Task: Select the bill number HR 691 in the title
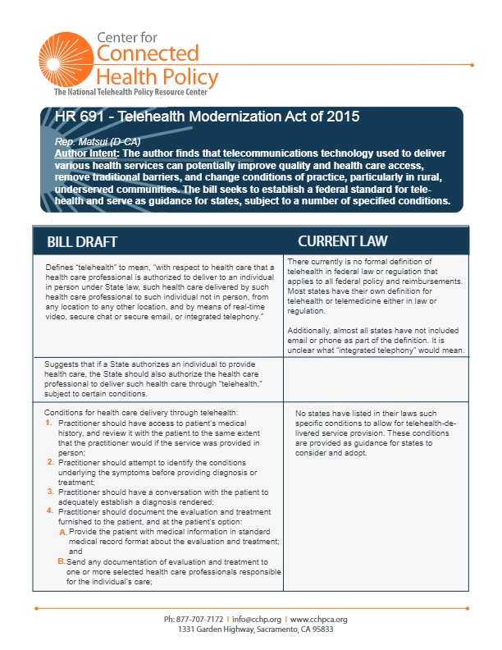(80, 117)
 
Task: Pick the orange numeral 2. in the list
(48, 462)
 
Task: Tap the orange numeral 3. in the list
(48, 491)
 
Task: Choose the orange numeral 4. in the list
(48, 510)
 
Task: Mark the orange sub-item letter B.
(62, 561)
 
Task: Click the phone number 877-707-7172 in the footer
(201, 618)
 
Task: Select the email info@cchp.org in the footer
(258, 618)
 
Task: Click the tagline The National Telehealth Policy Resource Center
(135, 93)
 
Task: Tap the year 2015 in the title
(342, 117)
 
